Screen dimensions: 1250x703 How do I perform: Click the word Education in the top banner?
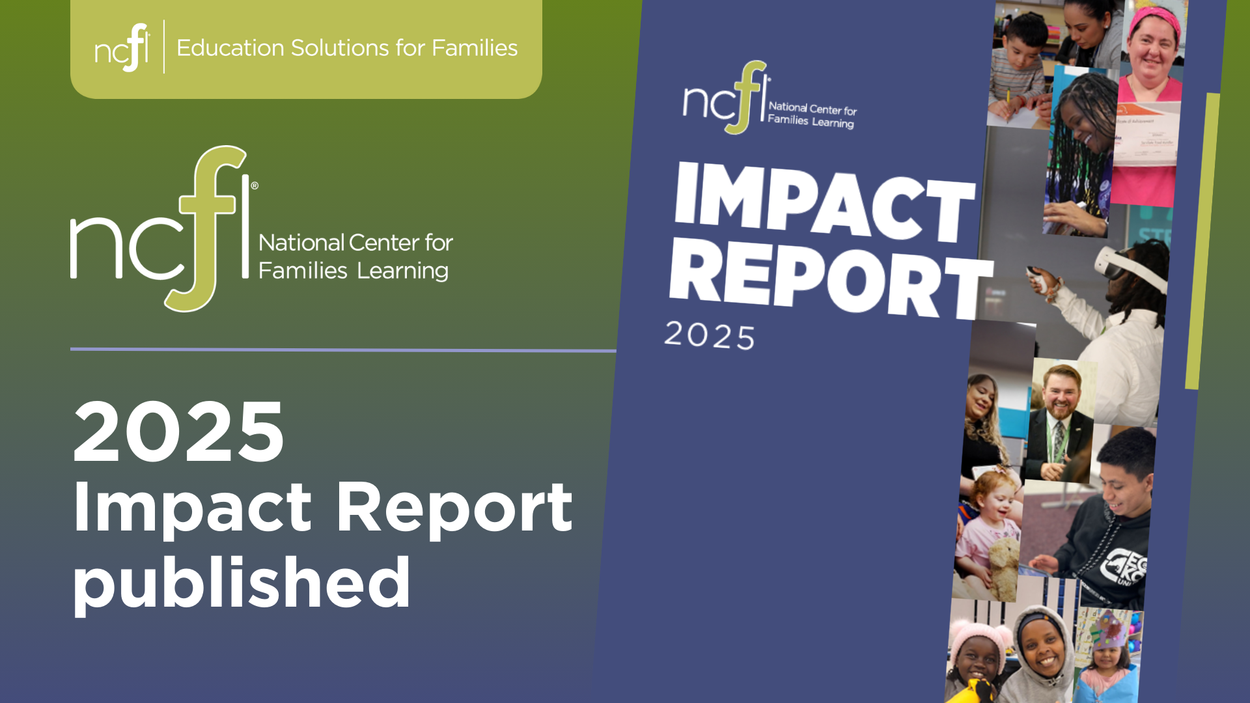tap(230, 48)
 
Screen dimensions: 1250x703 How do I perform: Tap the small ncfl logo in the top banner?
tap(122, 47)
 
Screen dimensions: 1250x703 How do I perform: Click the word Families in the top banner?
tap(475, 48)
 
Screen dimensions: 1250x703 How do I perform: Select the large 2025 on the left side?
tap(178, 431)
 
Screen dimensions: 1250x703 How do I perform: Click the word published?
tap(242, 582)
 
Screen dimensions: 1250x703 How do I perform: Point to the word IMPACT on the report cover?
tap(826, 202)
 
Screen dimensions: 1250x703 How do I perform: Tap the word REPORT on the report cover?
tap(831, 279)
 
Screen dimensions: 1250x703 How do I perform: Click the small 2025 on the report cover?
tap(710, 335)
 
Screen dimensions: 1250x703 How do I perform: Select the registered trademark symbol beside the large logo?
tap(254, 186)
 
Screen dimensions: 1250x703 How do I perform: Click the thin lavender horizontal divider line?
tap(343, 350)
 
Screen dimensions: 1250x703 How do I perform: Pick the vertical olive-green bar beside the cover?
tap(1202, 241)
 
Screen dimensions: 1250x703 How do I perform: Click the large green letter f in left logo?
tap(206, 228)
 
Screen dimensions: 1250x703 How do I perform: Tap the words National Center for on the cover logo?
tap(812, 109)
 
